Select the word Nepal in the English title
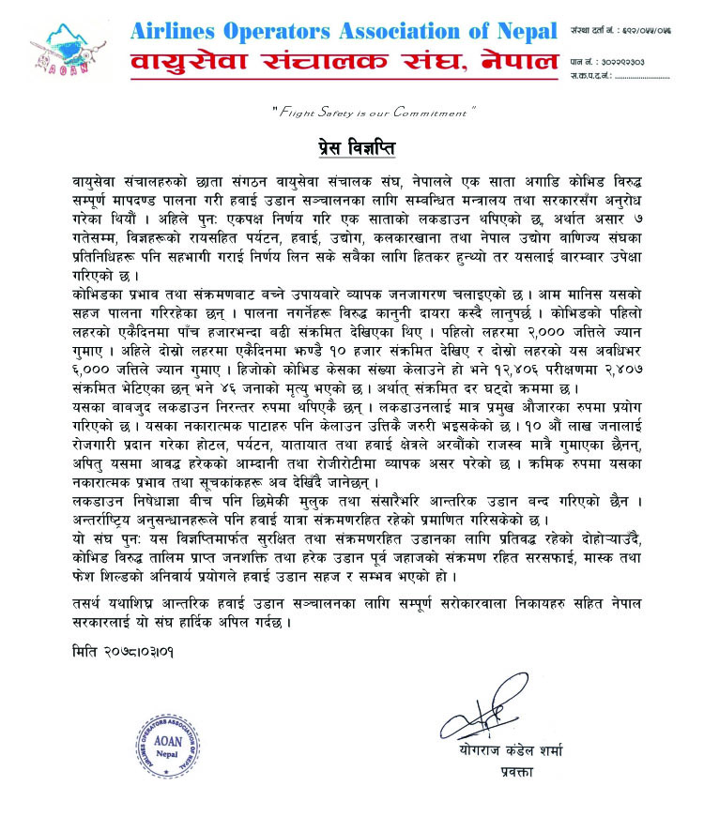pyautogui.click(x=522, y=31)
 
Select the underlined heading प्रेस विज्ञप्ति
pyautogui.click(x=353, y=149)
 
